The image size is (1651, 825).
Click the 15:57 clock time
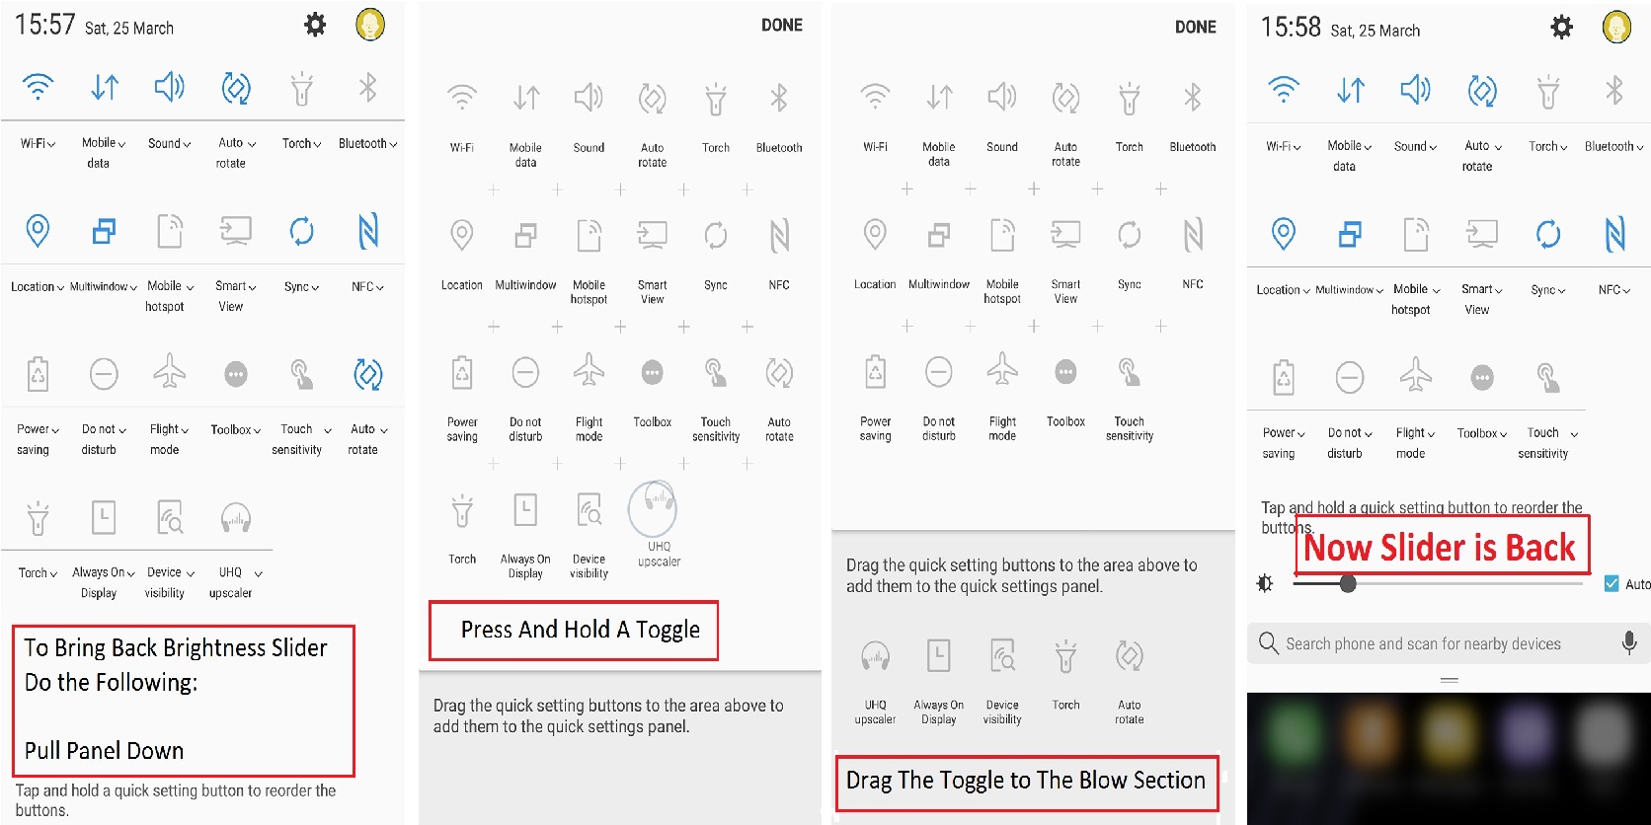coord(45,25)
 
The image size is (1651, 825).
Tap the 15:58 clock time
coord(1291,28)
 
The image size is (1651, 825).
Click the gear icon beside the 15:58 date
coord(1561,28)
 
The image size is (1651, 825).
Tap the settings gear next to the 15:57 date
coord(315,25)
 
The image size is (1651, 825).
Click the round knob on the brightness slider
coord(1348,583)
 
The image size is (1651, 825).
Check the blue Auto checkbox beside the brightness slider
coord(1612,583)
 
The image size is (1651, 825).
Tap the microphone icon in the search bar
coord(1629,643)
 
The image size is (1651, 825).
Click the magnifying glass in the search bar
coord(1269,643)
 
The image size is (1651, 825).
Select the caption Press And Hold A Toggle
coord(580,630)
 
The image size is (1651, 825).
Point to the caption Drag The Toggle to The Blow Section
coord(1025,780)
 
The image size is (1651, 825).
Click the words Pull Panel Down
coord(104,751)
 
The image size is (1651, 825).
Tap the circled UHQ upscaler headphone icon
coord(653,508)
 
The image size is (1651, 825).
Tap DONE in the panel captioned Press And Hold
coord(781,25)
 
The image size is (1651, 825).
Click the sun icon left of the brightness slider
coord(1265,584)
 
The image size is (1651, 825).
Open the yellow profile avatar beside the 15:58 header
coord(1616,28)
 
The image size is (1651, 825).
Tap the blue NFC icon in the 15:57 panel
coord(367,231)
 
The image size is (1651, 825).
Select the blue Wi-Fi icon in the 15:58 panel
coord(1284,89)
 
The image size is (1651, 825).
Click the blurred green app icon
coord(1292,735)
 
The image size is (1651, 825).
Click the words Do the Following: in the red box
coord(112,682)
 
